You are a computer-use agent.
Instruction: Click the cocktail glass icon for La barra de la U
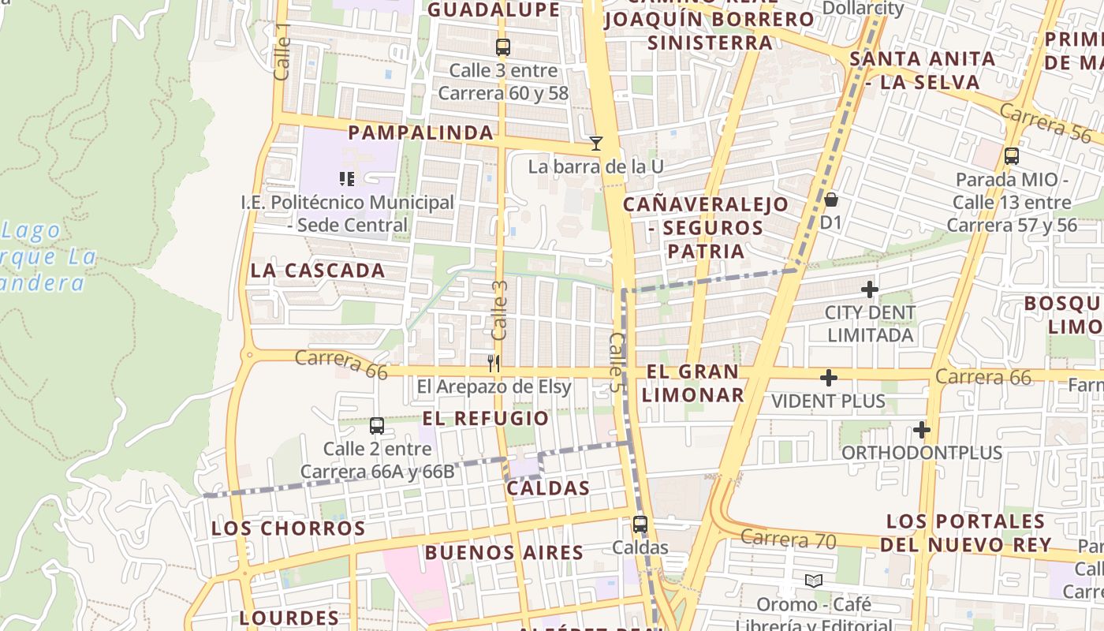596,144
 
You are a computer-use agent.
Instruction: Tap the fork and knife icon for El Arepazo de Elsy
494,364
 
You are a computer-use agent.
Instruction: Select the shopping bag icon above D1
830,199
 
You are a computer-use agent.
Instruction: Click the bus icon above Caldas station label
640,524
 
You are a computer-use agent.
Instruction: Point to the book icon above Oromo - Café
814,581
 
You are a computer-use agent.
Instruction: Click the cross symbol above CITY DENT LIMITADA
870,289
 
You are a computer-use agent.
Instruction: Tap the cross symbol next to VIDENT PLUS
828,379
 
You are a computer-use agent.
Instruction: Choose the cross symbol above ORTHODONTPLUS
921,430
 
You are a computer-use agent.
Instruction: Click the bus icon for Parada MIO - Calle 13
1012,156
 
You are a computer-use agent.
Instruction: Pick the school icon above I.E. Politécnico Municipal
347,179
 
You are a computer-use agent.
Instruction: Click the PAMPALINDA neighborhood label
420,133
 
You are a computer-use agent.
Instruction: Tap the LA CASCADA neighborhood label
318,271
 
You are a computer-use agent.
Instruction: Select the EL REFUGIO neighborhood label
485,418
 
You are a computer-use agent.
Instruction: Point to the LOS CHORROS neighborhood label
289,528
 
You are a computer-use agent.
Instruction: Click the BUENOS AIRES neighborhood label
504,552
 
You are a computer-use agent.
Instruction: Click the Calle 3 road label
499,311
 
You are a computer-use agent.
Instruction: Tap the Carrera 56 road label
1046,122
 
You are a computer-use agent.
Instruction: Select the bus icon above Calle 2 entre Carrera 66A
377,426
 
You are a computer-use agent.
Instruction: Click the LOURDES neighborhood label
289,618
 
